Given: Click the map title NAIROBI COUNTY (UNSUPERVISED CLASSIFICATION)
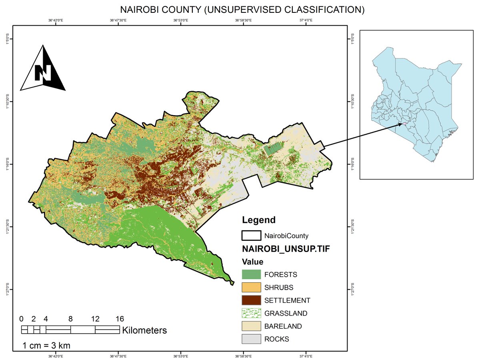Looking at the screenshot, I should point(242,10).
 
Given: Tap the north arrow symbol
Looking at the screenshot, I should point(43,69).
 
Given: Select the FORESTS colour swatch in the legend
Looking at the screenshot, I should point(251,275).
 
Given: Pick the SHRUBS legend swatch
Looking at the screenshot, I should point(251,288).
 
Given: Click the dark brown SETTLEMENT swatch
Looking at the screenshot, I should point(251,300).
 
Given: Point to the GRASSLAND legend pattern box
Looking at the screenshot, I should point(251,313).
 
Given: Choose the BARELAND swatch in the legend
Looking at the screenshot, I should point(251,326).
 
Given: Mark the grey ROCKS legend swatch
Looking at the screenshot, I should point(251,339).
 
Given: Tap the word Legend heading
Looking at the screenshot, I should point(258,220).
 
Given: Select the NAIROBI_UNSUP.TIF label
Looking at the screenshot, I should point(286,248).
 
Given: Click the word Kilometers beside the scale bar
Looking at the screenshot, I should point(144,331).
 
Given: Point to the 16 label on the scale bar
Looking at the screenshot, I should point(119,319).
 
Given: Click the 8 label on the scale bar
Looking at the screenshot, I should point(70,319).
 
